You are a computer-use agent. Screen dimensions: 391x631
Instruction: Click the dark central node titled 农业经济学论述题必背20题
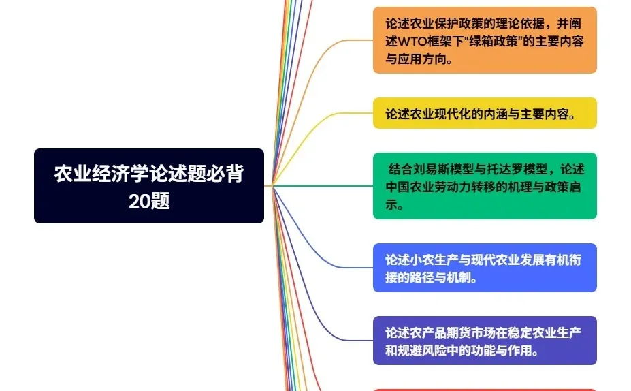[148, 186]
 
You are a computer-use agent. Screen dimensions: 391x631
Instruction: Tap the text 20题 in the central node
[149, 201]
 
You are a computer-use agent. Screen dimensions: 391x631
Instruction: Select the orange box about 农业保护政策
[484, 40]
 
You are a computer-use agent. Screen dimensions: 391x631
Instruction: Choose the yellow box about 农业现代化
[484, 114]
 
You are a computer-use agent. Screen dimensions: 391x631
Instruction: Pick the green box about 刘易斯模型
[484, 186]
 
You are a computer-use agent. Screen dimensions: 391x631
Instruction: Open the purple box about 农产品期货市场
[484, 341]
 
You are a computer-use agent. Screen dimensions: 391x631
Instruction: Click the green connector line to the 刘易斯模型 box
[327, 185]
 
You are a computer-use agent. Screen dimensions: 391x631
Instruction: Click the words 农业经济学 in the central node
[101, 174]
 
